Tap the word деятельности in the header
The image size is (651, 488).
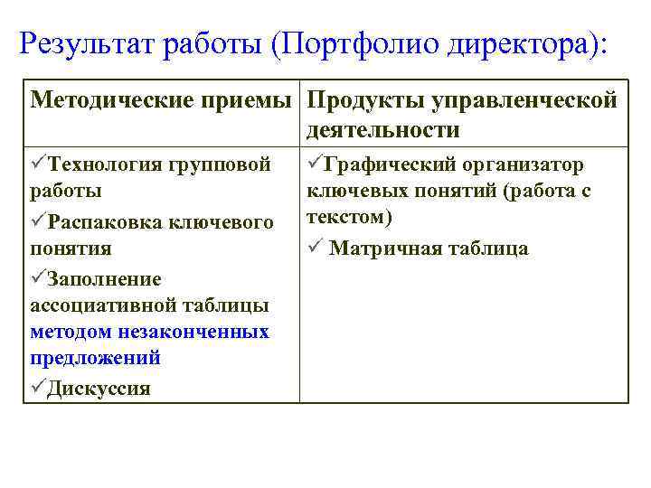click(382, 129)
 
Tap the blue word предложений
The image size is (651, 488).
click(95, 358)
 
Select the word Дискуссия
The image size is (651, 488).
click(99, 389)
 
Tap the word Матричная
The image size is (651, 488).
click(383, 249)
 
